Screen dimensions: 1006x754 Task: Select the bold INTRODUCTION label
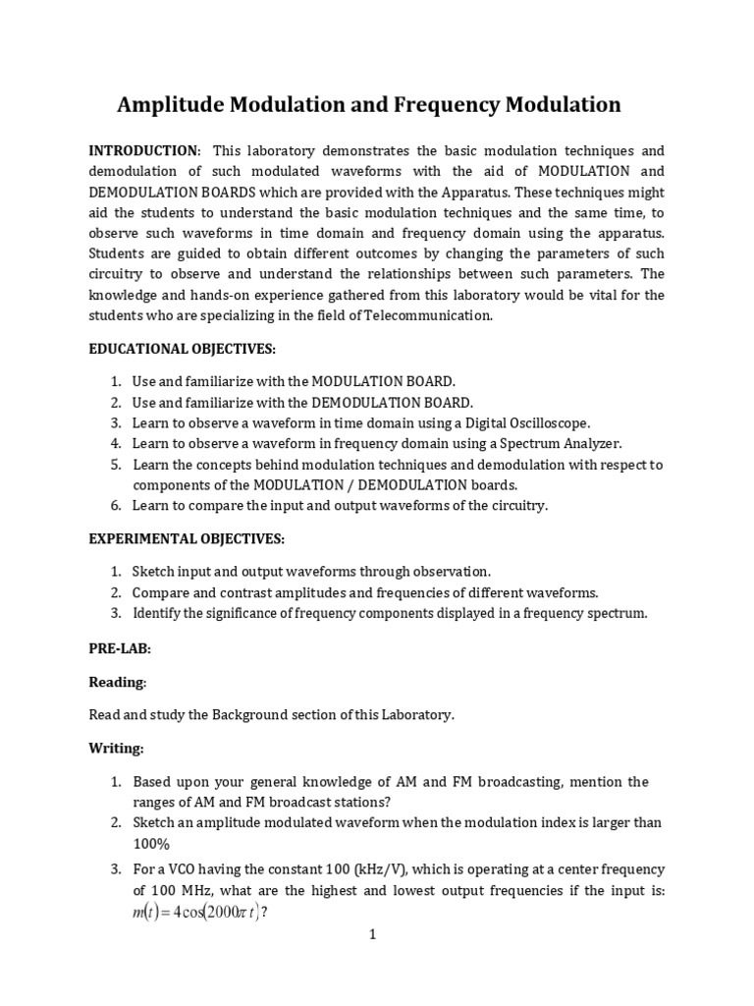point(143,150)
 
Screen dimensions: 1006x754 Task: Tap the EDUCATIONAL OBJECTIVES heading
point(183,349)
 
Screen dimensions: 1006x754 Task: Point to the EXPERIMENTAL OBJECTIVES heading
point(187,539)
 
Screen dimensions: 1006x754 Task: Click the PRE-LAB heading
point(120,649)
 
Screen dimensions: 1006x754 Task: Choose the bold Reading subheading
point(117,682)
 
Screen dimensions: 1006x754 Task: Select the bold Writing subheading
point(116,749)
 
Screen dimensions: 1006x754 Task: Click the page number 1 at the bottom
point(373,935)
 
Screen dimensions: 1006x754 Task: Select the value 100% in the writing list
point(151,843)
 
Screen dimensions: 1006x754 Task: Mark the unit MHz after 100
point(192,890)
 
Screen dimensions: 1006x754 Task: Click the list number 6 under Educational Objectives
point(115,506)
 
